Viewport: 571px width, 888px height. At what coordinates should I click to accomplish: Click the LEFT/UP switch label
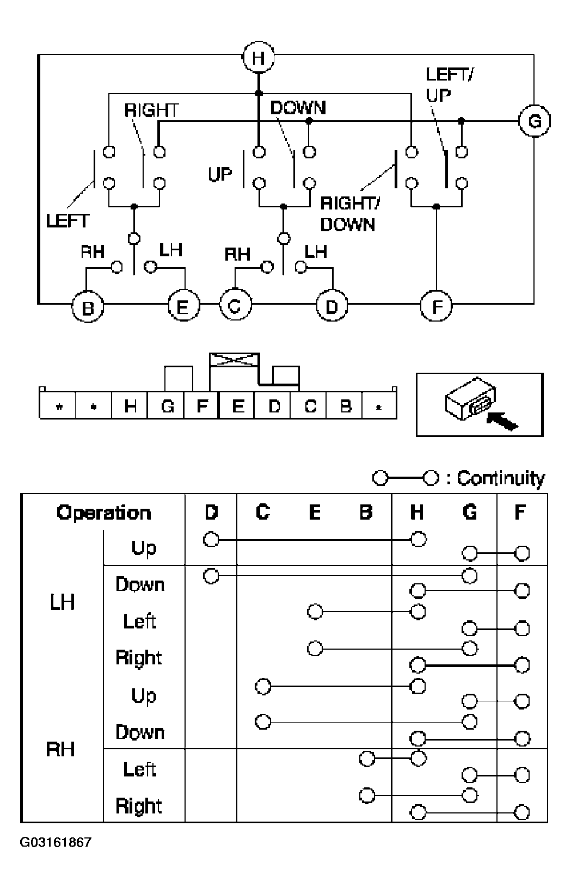[x=449, y=84]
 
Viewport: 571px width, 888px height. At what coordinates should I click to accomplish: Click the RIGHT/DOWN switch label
[x=349, y=214]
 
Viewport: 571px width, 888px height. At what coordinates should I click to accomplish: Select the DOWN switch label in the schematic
[x=298, y=108]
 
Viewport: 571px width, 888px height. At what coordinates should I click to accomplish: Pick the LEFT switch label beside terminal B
[x=68, y=221]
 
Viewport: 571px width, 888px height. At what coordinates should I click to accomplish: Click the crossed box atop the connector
[x=235, y=360]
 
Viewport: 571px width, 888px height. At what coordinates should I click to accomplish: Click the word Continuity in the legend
[x=501, y=478]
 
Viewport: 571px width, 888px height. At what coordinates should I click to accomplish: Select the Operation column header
[x=103, y=513]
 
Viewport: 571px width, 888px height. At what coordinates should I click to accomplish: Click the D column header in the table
[x=211, y=512]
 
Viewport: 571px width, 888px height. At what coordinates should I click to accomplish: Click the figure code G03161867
[x=56, y=842]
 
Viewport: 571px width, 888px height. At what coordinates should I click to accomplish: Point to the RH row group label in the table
[x=60, y=749]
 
